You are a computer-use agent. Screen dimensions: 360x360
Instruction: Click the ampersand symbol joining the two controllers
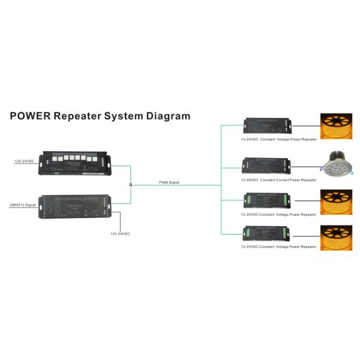[x=130, y=184]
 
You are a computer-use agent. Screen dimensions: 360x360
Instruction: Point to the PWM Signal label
[x=169, y=182]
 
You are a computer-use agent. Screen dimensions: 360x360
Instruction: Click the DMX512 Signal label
[x=22, y=205]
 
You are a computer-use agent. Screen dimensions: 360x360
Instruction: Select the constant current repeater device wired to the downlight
[x=266, y=166]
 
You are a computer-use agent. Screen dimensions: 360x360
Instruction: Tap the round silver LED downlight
[x=335, y=166]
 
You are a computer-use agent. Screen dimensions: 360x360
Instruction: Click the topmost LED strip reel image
[x=335, y=127]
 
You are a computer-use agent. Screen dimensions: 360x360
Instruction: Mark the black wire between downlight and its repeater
[x=307, y=166]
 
